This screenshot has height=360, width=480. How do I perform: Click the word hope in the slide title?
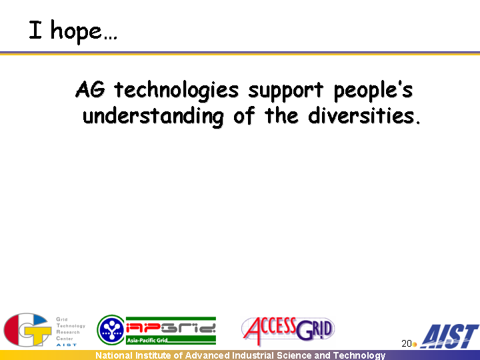tap(76, 31)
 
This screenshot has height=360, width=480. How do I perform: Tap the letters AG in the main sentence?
tap(90, 89)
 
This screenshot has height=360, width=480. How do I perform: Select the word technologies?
tap(176, 91)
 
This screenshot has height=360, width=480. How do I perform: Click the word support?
tap(285, 91)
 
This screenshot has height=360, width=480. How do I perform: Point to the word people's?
tap(373, 91)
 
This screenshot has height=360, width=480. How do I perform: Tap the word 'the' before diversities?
tap(281, 116)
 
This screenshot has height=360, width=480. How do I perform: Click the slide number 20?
tap(406, 343)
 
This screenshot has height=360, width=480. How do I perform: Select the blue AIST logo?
tap(449, 337)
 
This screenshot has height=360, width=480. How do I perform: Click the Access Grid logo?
tap(288, 331)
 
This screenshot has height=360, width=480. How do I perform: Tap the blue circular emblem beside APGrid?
tap(111, 330)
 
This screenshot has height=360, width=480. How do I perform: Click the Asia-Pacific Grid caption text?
tap(147, 340)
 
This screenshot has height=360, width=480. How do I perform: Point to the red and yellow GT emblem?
tap(27, 329)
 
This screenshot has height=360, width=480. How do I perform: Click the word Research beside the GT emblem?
tap(67, 332)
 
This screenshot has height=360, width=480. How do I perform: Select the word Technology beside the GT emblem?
tap(71, 326)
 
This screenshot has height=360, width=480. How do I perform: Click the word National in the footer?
tap(114, 355)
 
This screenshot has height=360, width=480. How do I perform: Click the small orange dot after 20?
tap(415, 345)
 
